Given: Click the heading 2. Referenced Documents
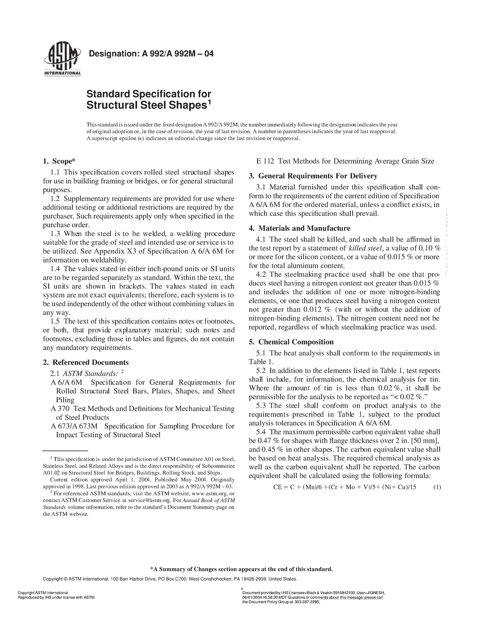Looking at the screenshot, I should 86,362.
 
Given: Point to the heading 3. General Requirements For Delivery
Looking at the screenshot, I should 313,176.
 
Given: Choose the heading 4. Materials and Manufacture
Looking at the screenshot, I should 299,228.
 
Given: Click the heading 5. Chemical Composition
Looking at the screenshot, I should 291,342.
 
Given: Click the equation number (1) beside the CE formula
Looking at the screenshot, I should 437,487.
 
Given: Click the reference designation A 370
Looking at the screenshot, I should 59,408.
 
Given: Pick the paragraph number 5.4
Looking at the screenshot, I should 262,432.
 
